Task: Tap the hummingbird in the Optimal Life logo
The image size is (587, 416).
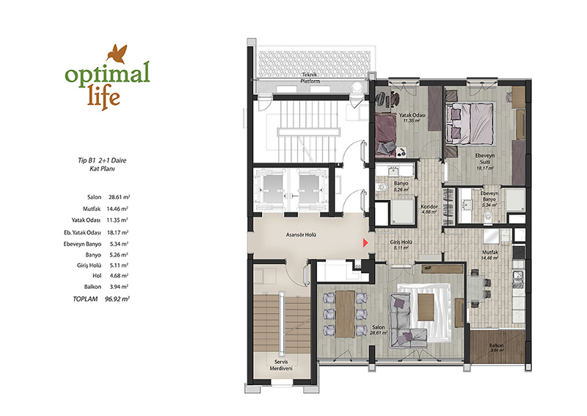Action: pyautogui.click(x=117, y=53)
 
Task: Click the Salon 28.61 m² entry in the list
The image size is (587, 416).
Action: pyautogui.click(x=109, y=197)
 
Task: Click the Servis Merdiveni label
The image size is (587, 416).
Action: pyautogui.click(x=281, y=365)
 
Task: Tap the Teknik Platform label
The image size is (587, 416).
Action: pyautogui.click(x=311, y=78)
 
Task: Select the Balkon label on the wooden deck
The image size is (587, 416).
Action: pyautogui.click(x=497, y=345)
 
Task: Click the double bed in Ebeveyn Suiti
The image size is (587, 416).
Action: pyautogui.click(x=470, y=123)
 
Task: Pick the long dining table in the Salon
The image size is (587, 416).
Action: pyautogui.click(x=345, y=315)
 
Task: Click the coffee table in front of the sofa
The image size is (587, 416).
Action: pyautogui.click(x=426, y=306)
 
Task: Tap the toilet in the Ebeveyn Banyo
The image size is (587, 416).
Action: pyautogui.click(x=489, y=215)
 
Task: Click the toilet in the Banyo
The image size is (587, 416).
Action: pyautogui.click(x=382, y=187)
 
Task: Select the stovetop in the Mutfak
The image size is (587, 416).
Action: pyautogui.click(x=519, y=251)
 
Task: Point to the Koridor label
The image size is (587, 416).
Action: pyautogui.click(x=429, y=207)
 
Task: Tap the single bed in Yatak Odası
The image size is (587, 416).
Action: pyautogui.click(x=387, y=135)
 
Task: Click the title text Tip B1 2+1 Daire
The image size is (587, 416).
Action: pyautogui.click(x=102, y=160)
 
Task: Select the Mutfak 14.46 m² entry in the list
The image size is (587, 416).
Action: pyautogui.click(x=106, y=209)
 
